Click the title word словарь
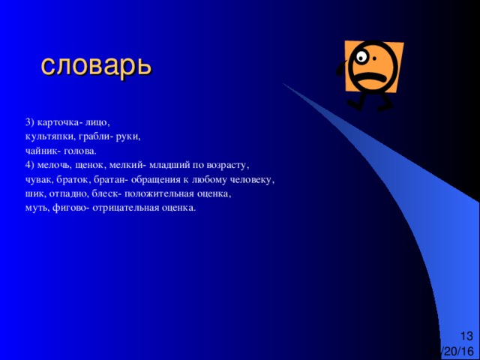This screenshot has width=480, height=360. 96,67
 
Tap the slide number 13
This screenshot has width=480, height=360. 466,336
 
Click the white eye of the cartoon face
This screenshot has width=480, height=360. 361,57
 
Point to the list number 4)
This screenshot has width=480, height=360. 30,166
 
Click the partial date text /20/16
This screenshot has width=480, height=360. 458,351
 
